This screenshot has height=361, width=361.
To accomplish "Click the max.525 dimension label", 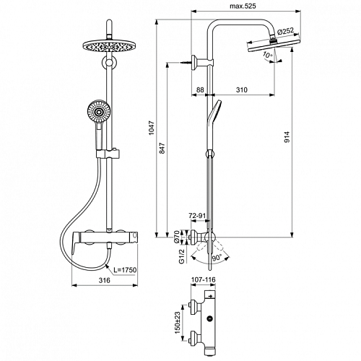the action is click(243, 6).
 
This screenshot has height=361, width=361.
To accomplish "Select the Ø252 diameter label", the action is click(285, 31).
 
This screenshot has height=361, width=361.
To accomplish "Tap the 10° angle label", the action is click(267, 55).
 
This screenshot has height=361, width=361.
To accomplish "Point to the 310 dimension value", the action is click(242, 90).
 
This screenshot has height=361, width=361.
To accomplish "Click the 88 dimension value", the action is click(200, 90).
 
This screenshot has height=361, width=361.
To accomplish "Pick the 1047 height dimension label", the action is click(151, 128).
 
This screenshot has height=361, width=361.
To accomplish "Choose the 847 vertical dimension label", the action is click(162, 148).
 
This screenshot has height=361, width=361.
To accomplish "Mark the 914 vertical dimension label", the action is click(287, 137).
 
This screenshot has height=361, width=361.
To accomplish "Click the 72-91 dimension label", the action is click(197, 216).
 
